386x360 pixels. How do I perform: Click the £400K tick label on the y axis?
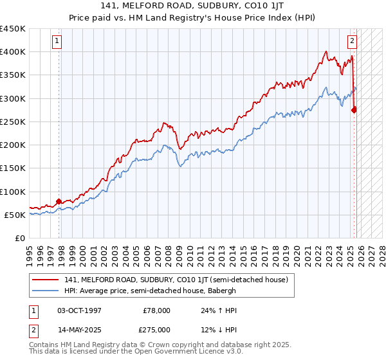[13, 52]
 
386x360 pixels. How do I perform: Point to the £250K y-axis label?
[13, 122]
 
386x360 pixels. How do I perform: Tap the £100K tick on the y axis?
[13, 192]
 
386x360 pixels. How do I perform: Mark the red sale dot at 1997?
[59, 201]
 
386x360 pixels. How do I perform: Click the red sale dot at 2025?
[354, 110]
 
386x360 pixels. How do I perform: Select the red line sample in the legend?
[46, 280]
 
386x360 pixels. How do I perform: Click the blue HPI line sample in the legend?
[46, 290]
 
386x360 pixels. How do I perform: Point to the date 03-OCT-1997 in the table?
[79, 310]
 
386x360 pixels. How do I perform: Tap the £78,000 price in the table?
[156, 310]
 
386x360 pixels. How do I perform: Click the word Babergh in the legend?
[222, 290]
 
